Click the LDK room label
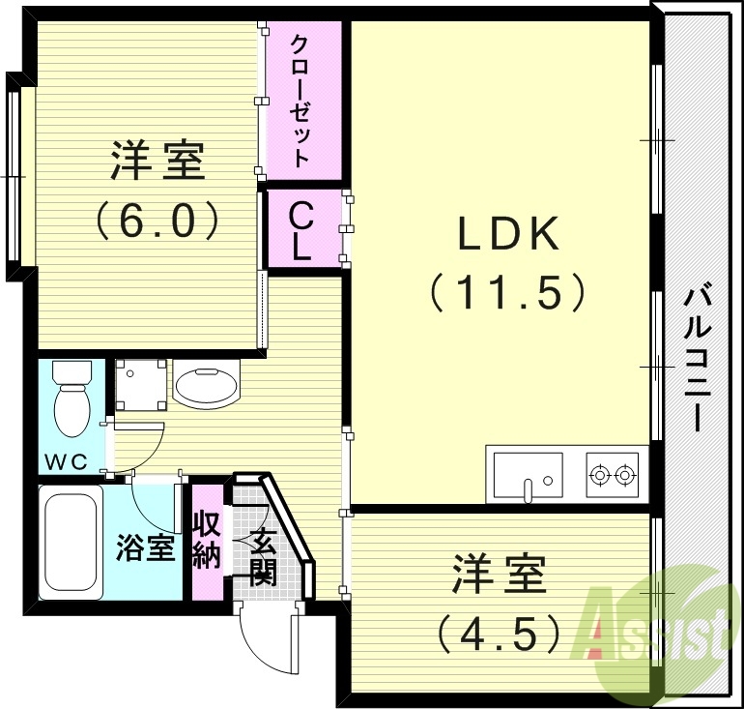506,235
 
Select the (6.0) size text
156,220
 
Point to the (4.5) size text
499,634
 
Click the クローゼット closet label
300,101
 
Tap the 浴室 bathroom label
146,547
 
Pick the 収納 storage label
206,540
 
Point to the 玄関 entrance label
263,559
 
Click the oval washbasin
206,385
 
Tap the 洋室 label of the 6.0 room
157,161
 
